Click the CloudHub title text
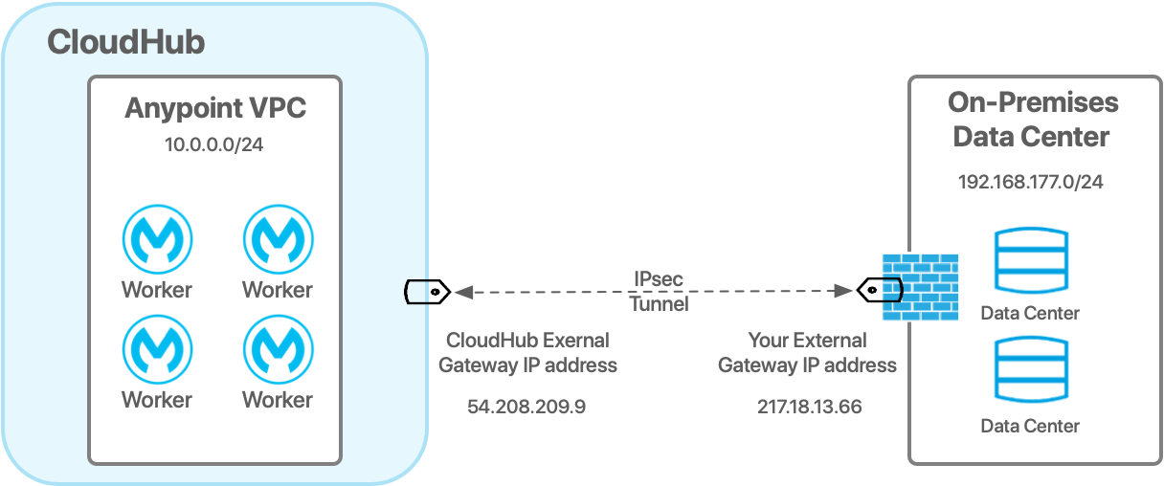click(x=125, y=43)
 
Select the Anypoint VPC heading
click(x=215, y=108)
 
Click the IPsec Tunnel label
click(x=658, y=292)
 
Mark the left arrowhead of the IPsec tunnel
click(x=461, y=291)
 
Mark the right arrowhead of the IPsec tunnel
click(x=845, y=291)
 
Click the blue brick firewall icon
click(x=919, y=288)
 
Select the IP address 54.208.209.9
click(x=526, y=407)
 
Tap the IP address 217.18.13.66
click(x=809, y=407)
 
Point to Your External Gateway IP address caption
click(x=807, y=352)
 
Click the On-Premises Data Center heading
click(x=1031, y=119)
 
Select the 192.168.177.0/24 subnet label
click(x=1031, y=182)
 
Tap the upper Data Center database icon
click(x=1030, y=261)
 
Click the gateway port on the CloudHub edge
click(x=417, y=291)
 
